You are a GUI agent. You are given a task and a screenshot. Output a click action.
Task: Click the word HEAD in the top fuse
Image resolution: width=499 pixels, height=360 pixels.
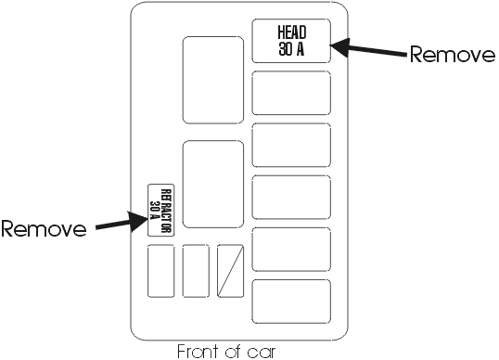(x=292, y=32)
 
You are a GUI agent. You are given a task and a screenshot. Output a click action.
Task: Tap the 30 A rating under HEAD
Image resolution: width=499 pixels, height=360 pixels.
(x=291, y=49)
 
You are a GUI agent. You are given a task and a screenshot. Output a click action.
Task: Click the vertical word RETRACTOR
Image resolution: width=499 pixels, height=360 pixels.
(x=166, y=211)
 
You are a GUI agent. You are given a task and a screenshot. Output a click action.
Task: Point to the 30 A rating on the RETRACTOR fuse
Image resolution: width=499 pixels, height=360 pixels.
(x=155, y=210)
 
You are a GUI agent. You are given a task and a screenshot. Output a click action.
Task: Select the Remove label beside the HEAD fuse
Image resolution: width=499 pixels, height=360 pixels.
(x=453, y=55)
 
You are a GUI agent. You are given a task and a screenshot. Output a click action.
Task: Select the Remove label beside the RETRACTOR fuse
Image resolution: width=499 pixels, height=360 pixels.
(x=44, y=228)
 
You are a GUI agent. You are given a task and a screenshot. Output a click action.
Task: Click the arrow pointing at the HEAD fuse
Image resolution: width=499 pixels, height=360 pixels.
(x=368, y=49)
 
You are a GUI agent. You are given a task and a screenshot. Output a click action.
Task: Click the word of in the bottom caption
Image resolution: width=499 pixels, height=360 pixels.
(x=234, y=351)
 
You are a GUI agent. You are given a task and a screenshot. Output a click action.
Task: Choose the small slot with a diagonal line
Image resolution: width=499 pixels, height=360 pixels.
(x=230, y=271)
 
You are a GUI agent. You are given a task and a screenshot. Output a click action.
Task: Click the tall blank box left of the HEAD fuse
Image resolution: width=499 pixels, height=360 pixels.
(x=213, y=80)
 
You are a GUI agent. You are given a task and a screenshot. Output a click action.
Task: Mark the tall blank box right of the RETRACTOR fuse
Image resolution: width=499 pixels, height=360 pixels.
(x=213, y=185)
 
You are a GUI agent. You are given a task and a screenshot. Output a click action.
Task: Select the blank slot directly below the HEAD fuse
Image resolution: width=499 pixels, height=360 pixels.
(x=291, y=93)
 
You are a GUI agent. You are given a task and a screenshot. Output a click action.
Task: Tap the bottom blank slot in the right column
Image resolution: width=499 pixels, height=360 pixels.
(x=291, y=302)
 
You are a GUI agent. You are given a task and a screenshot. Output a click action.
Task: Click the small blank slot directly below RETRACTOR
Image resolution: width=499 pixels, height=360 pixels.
(x=160, y=271)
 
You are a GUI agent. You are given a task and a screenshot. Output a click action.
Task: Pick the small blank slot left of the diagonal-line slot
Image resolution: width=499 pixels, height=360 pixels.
(x=196, y=271)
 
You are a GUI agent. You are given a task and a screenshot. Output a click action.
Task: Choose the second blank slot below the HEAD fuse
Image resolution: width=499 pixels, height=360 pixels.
(x=291, y=145)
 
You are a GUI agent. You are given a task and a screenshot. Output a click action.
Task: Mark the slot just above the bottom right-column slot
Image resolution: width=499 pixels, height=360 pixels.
(x=291, y=250)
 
